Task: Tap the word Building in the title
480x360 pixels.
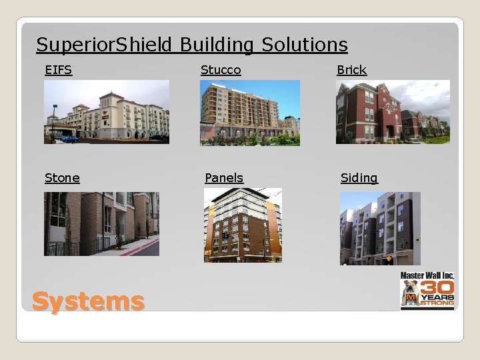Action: (217, 45)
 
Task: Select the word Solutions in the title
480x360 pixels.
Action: (305, 45)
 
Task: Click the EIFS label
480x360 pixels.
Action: (58, 69)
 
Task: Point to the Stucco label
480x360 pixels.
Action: (221, 69)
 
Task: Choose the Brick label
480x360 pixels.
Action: (351, 69)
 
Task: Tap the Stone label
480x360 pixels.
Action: (62, 177)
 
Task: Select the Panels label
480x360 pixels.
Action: (224, 177)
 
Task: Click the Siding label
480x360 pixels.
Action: (359, 177)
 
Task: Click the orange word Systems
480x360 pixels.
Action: (88, 301)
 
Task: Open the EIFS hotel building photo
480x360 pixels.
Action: (107, 111)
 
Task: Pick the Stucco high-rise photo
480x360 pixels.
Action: (250, 112)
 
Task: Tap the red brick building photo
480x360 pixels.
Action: (393, 111)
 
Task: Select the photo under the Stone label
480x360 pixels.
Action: (101, 223)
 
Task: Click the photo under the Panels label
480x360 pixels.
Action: (243, 225)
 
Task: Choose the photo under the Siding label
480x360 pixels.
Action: (380, 228)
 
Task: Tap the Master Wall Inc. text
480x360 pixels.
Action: (427, 275)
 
